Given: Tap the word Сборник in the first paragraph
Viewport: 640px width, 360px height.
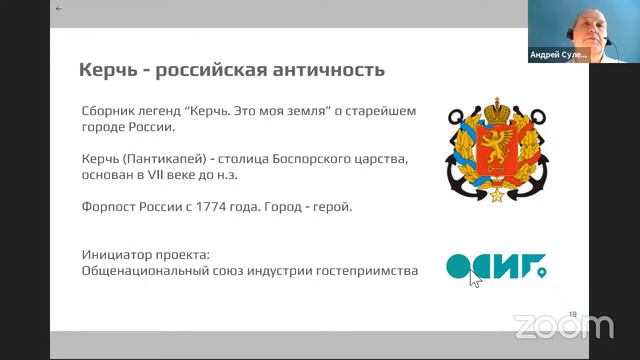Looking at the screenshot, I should (x=113, y=111).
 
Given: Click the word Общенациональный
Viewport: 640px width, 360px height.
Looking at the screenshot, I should (x=149, y=271).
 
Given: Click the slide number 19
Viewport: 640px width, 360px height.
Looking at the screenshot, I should (x=572, y=314).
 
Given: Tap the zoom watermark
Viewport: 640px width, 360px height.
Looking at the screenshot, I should (x=563, y=326).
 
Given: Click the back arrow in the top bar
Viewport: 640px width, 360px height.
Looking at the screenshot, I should (x=59, y=8).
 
